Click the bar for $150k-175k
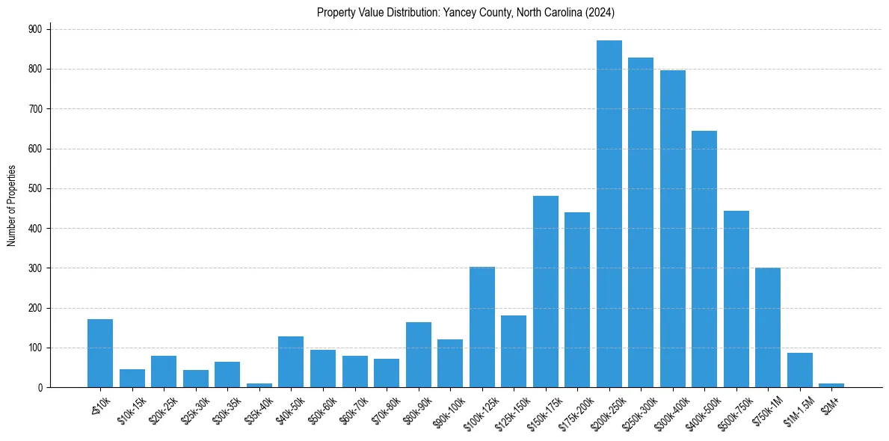tap(545, 292)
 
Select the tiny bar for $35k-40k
tap(259, 385)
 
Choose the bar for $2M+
tap(831, 385)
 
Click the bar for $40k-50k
tap(291, 362)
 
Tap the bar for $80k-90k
tap(418, 354)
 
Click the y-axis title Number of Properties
tap(11, 206)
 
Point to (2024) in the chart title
tap(600, 12)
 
